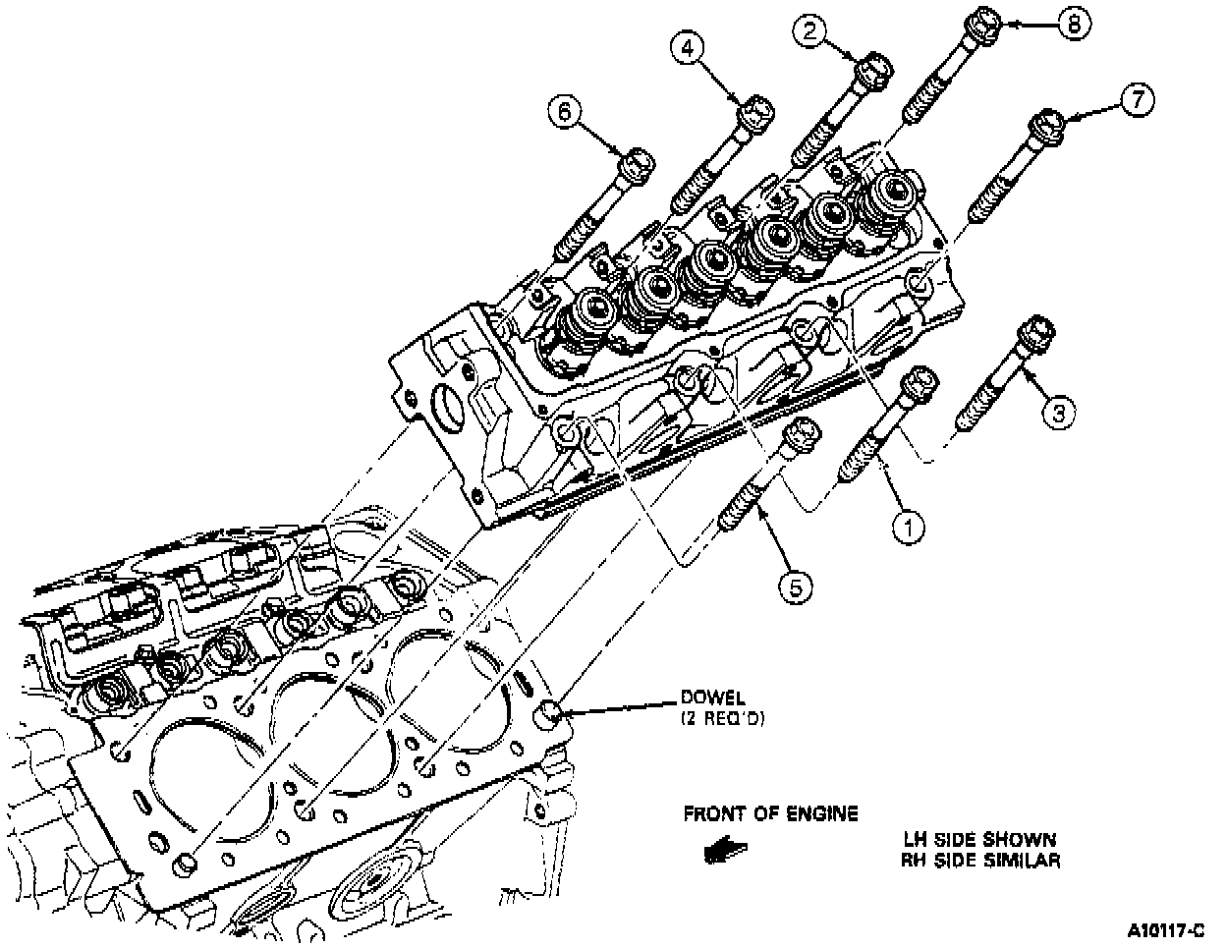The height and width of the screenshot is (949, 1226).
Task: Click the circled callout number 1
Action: [x=908, y=528]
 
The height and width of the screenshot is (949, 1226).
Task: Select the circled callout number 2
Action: [x=809, y=32]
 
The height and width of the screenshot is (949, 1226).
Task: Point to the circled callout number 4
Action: [x=687, y=47]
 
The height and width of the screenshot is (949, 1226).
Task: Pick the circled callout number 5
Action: [x=796, y=586]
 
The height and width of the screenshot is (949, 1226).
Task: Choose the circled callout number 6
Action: [x=564, y=114]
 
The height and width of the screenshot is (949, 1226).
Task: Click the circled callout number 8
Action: [x=1073, y=23]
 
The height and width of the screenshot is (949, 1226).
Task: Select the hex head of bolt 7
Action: [x=1048, y=126]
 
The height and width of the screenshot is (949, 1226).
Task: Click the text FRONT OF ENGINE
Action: [x=770, y=814]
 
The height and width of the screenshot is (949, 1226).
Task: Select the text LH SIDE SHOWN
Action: [x=980, y=841]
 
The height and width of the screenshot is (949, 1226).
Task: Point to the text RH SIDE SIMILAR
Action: [x=980, y=862]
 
